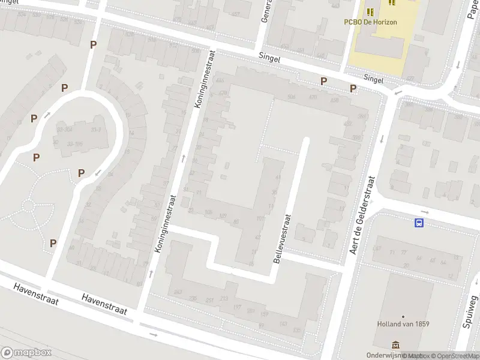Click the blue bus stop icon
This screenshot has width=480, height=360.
coord(419,223)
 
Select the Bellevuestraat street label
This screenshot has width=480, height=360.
coord(281,239)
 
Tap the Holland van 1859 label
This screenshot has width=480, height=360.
coord(403,324)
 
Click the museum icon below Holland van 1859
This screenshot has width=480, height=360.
coord(395,344)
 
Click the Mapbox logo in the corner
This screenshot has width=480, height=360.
coord(26,353)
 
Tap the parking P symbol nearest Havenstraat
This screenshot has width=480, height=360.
coord(53,243)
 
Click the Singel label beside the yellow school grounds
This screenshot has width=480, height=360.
coord(373,79)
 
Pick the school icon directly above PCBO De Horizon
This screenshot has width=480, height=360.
coord(370,11)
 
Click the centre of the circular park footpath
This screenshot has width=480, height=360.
coord(28,206)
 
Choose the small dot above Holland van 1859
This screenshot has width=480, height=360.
coord(403,316)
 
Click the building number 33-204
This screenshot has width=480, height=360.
coord(64,130)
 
